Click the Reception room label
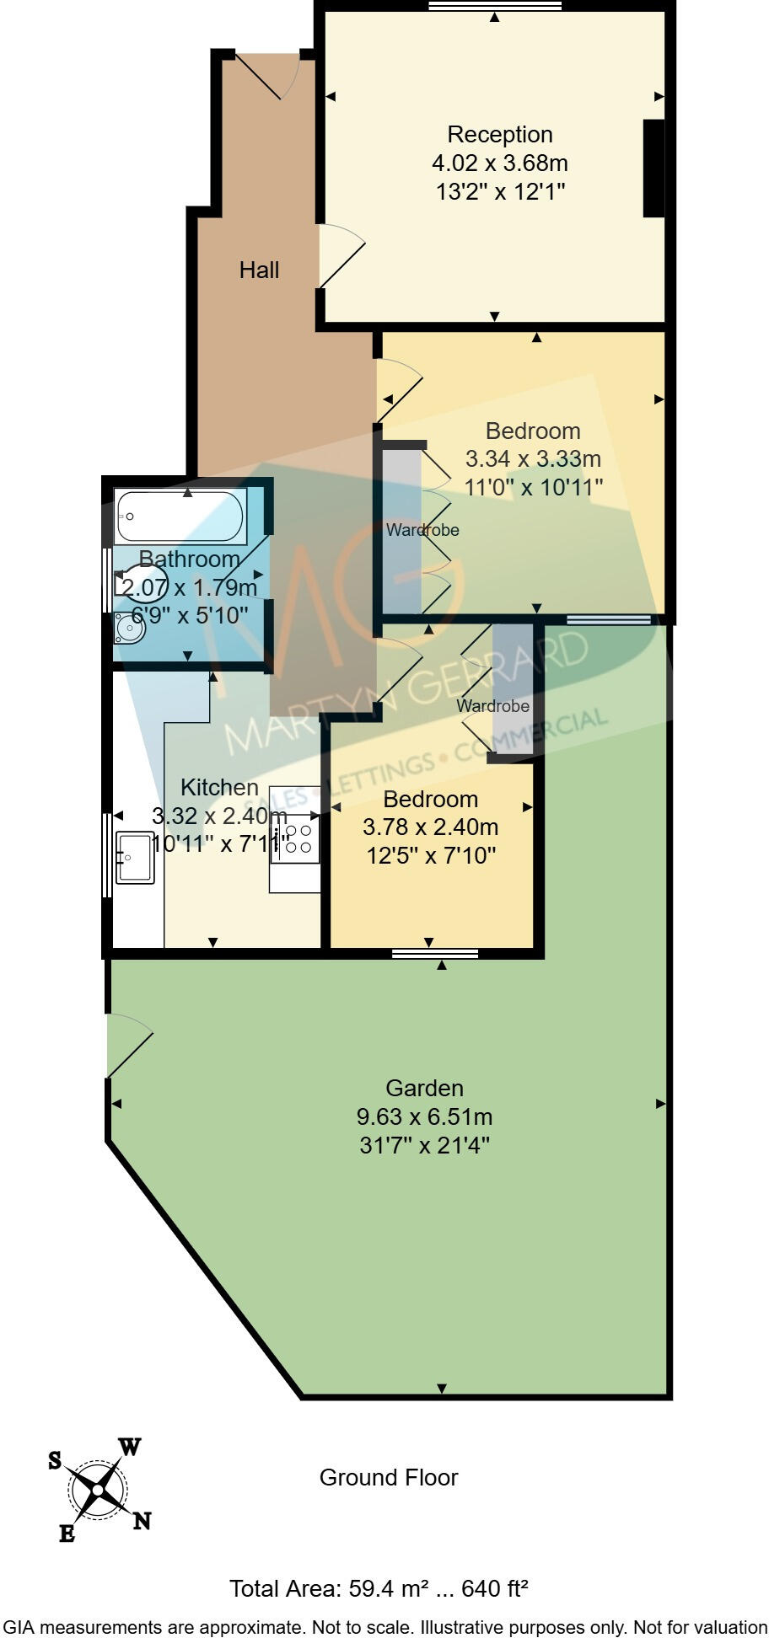pos(499,135)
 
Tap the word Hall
pos(259,270)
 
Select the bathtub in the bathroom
pos(181,516)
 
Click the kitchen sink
pos(135,858)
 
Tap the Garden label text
pos(424,1089)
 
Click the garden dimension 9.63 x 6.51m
pos(424,1117)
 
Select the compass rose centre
pos(98,1491)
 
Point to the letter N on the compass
pos(142,1521)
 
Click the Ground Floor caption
pos(388,1478)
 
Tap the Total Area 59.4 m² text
pos(379,1589)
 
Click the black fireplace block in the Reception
pos(653,169)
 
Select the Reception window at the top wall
pos(494,7)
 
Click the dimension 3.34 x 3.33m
pos(533,459)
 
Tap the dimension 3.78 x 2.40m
pos(430,827)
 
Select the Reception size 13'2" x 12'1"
pos(499,192)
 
